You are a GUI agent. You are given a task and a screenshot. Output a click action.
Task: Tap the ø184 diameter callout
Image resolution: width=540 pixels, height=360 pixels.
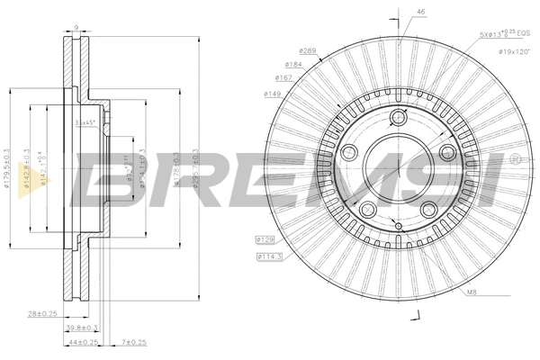pos(294,64)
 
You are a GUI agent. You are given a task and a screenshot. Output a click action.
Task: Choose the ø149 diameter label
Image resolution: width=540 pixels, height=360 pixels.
pos(273,92)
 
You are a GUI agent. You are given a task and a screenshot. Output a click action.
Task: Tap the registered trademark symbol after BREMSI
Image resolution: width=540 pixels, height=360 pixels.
pos(515,159)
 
